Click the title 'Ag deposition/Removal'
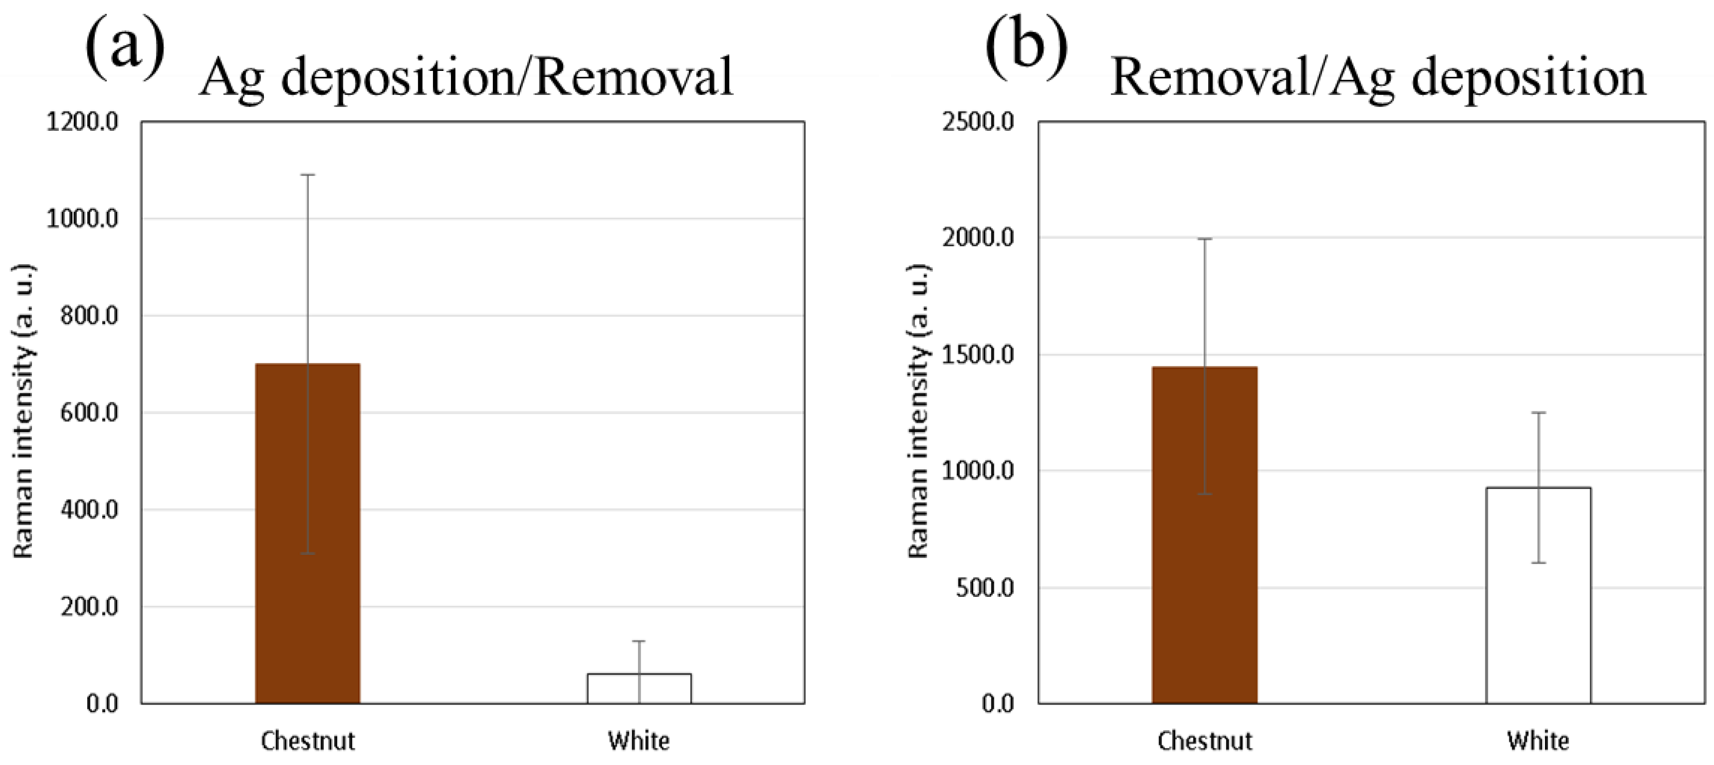(x=466, y=78)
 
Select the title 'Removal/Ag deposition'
(x=1377, y=78)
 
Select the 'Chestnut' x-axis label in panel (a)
(x=307, y=740)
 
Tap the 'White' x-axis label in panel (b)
(x=1538, y=740)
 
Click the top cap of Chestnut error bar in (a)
(x=307, y=175)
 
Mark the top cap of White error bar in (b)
(x=1538, y=413)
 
